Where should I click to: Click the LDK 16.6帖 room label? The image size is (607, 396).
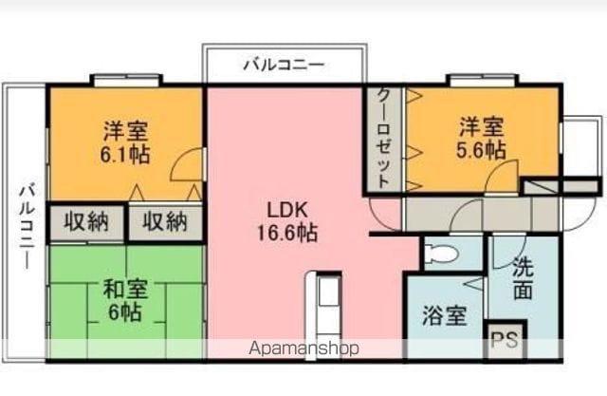point(287,221)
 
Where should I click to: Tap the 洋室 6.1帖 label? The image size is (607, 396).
point(125,142)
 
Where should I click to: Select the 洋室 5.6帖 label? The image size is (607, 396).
point(481,138)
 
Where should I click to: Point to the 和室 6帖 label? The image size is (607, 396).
point(124,300)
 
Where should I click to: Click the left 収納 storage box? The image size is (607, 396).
point(86,222)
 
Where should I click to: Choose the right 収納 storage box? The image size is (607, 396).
point(165,222)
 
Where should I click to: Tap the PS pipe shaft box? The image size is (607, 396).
point(506,340)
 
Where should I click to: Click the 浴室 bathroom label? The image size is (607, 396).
point(444,315)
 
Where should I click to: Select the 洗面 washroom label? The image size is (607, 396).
point(523,278)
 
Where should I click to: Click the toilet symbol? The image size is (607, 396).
point(441,255)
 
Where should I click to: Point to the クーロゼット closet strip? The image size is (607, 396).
point(383,140)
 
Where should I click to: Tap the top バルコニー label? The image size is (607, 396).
point(284,65)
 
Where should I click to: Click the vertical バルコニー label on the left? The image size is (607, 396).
point(28,226)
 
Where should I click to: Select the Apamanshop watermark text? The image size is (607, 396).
point(303,349)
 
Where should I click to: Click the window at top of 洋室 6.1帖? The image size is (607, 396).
point(126,80)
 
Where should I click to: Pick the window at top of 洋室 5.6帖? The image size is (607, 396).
point(482,80)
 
